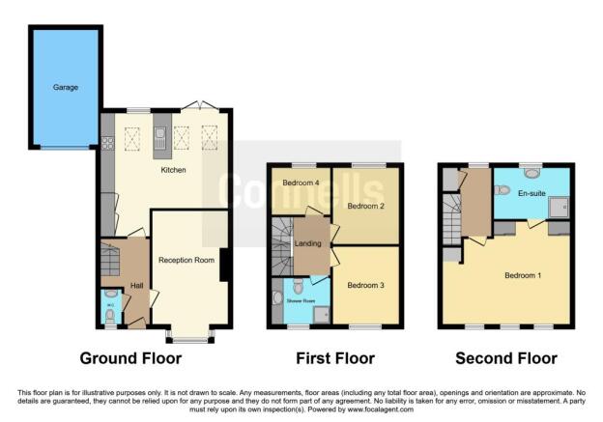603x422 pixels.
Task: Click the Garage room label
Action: (65, 87)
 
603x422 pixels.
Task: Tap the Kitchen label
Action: (174, 171)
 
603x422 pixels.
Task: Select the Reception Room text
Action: (187, 260)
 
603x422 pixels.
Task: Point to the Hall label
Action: (136, 286)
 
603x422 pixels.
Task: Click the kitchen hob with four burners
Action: (108, 143)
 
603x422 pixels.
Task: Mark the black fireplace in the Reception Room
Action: (224, 265)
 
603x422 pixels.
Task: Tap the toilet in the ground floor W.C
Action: (109, 313)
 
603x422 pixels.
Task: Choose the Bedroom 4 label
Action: (300, 183)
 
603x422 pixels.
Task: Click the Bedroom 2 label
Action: (366, 206)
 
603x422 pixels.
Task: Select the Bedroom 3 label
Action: (366, 285)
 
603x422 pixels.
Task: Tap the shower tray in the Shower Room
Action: (321, 313)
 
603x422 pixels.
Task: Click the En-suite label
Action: (531, 194)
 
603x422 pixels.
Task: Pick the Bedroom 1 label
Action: (523, 275)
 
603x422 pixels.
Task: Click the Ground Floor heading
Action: (130, 359)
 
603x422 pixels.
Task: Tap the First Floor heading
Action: (335, 359)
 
